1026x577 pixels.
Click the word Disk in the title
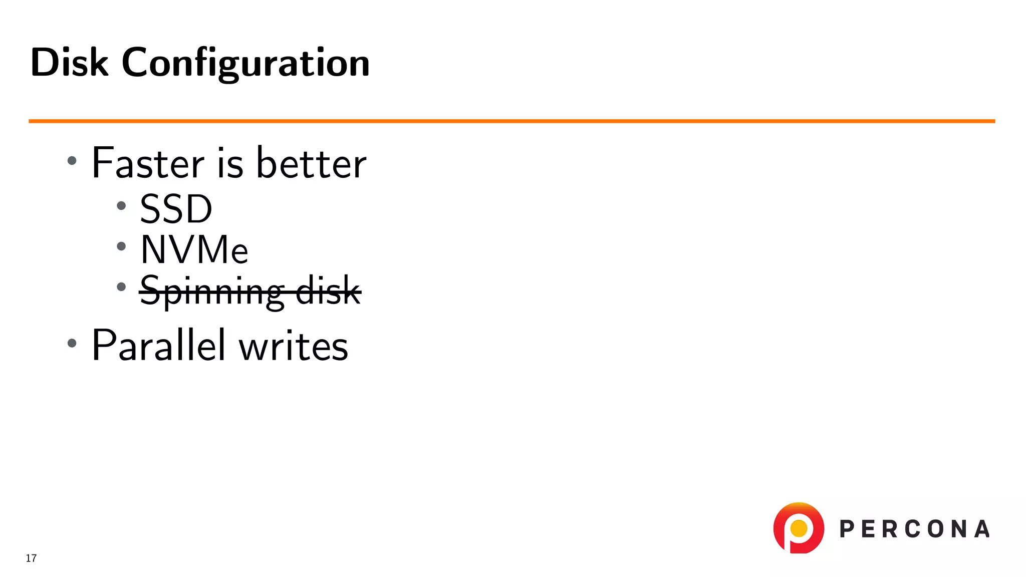pos(69,63)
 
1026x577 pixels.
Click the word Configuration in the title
pos(245,64)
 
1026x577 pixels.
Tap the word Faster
pos(148,163)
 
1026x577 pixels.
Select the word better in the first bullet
pos(311,163)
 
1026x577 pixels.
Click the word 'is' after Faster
pos(230,163)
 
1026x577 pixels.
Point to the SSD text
pos(176,209)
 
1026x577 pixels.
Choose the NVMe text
pos(194,249)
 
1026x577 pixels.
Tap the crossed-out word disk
pos(328,290)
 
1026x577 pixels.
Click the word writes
pos(293,346)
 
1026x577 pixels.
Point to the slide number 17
pos(31,558)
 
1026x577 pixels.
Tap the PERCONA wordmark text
pos(914,529)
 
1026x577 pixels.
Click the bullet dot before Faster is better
pos(72,161)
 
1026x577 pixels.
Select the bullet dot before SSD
pos(121,205)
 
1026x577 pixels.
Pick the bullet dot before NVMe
pos(121,246)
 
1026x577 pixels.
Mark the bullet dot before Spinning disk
pos(121,287)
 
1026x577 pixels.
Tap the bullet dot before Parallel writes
pos(72,343)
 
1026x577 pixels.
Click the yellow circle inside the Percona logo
pos(799,528)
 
